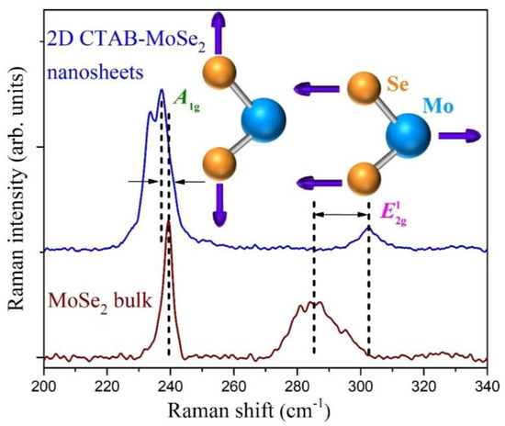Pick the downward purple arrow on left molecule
point(219,206)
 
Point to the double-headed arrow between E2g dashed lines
point(342,215)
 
